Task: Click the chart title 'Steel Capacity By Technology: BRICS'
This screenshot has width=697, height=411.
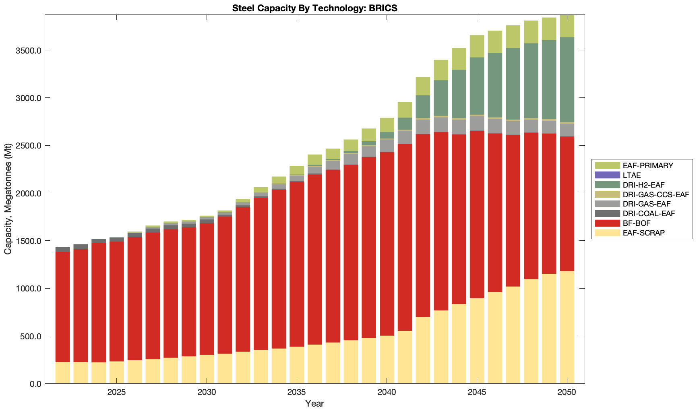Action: coord(314,8)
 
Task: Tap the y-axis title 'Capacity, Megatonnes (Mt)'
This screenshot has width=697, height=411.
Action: coord(8,199)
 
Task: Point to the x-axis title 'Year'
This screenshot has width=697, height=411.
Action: coord(314,403)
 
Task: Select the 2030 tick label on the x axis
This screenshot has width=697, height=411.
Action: coord(207,392)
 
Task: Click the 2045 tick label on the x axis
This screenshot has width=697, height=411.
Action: coord(477,392)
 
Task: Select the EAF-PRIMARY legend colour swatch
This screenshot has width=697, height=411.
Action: coord(607,165)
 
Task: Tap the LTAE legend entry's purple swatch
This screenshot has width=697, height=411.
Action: coord(607,175)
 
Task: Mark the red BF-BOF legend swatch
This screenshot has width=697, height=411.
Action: coord(607,223)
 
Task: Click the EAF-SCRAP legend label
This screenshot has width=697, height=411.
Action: coord(643,233)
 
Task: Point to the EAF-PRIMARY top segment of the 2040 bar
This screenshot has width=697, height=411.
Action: coord(387,125)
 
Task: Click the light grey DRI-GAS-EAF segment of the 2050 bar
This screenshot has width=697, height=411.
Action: coord(567,130)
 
